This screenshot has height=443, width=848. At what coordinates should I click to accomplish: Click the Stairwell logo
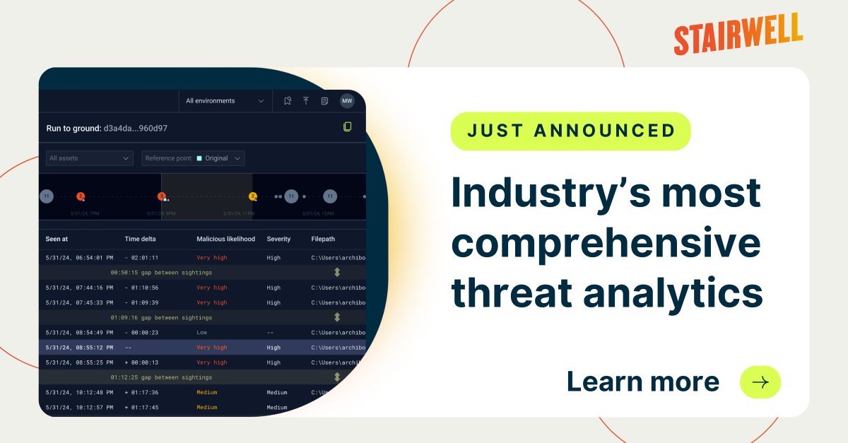pos(738,34)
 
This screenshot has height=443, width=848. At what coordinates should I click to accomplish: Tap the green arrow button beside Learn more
pos(760,382)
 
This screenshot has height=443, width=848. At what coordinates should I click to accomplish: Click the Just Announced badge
pos(570,131)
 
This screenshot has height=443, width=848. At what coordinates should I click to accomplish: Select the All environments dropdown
pos(225,101)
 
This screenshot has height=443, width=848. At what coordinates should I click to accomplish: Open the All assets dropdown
pos(89,158)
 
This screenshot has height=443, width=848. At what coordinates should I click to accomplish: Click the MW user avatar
pos(347,101)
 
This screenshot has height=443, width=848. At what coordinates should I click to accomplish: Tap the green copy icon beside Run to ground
pos(347,127)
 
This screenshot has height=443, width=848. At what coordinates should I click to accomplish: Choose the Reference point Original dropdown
pos(193,158)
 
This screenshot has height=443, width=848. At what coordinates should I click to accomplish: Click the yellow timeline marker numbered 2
pos(253,196)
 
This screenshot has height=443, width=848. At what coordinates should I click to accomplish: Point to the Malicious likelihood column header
pos(225,239)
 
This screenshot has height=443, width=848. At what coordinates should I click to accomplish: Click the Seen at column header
pos(62,239)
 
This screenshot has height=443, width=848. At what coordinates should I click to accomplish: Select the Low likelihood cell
pos(202,332)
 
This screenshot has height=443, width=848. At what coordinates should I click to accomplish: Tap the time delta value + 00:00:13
pos(141,362)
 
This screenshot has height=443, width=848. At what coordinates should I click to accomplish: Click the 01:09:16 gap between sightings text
pos(161,317)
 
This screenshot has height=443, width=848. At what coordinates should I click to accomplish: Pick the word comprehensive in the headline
pos(606,243)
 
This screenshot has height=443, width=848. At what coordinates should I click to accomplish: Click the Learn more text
pos(642,382)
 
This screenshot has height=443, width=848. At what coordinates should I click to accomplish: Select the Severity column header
pos(278,239)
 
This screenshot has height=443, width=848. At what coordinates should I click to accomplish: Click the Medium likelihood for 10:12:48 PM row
pos(207,392)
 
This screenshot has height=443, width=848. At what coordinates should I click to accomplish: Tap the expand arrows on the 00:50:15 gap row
pos(337,272)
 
